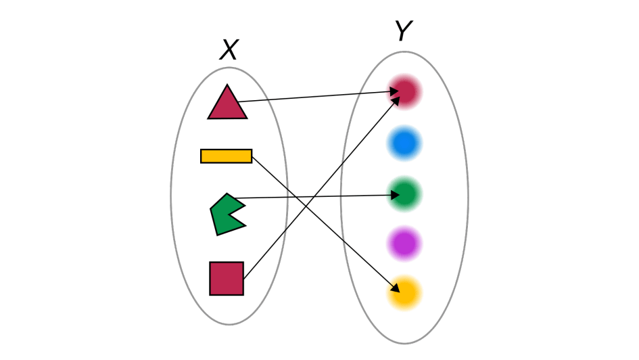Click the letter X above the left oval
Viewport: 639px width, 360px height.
tap(229, 51)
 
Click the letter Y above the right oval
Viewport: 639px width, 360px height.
tap(403, 32)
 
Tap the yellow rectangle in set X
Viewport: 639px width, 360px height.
tap(226, 156)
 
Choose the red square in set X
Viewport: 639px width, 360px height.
tap(226, 278)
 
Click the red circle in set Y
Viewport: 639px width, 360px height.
tap(404, 91)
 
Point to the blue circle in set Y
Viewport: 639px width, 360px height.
tap(404, 143)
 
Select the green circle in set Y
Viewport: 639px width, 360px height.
tap(404, 194)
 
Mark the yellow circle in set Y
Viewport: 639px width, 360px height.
tap(404, 293)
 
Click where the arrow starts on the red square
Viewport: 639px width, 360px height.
tap(243, 278)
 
